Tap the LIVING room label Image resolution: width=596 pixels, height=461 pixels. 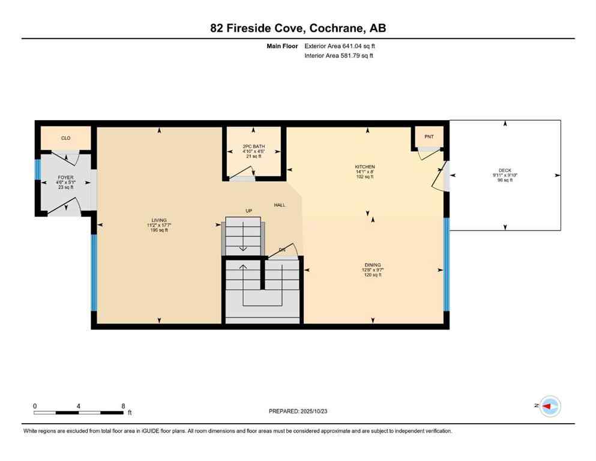159,220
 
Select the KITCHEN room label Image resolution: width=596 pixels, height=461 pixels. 364,167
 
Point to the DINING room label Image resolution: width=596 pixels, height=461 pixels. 372,265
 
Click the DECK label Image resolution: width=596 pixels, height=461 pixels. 505,170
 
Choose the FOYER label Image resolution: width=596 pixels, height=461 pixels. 65,178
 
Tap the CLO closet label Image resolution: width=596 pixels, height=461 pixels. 66,138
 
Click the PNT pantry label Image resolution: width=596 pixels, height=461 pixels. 429,137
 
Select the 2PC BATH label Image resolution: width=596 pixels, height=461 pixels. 253,146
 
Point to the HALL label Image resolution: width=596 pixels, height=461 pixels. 280,205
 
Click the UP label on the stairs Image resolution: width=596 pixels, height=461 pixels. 248,211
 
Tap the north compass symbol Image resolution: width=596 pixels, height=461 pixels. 549,406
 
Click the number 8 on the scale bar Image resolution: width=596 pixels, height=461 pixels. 123,406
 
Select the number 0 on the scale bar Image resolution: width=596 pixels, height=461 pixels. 35,406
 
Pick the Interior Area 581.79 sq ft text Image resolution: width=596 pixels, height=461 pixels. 339,56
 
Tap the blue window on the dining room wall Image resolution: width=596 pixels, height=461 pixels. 446,264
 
